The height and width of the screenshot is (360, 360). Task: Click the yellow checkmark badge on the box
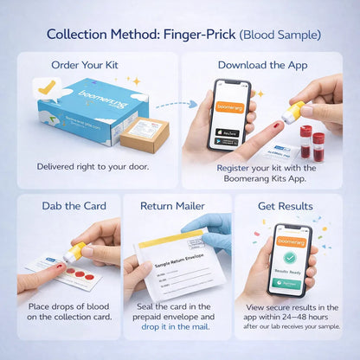pyautogui.click(x=45, y=87)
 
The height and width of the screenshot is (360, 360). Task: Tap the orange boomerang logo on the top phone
pyautogui.click(x=232, y=107)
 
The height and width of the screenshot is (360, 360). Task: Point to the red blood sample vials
pyautogui.click(x=312, y=140)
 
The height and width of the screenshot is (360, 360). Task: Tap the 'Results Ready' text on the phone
pyautogui.click(x=291, y=271)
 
